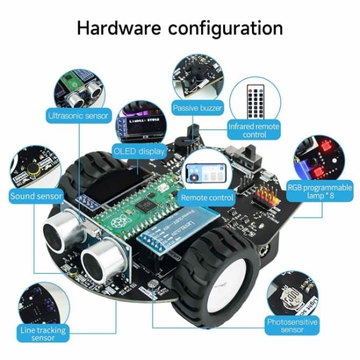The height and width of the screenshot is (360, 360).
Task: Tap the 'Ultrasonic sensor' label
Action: (78, 116)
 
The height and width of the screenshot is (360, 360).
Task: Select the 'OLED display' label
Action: (139, 151)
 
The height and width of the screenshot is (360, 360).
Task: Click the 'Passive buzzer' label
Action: (197, 108)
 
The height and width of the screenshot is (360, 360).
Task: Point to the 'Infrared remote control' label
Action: (254, 130)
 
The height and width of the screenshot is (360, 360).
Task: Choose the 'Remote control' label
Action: (207, 197)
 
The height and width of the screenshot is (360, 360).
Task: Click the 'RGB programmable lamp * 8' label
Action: (320, 192)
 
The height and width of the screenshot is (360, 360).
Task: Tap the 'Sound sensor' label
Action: (36, 196)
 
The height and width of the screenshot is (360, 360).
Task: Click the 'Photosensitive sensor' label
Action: (292, 326)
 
